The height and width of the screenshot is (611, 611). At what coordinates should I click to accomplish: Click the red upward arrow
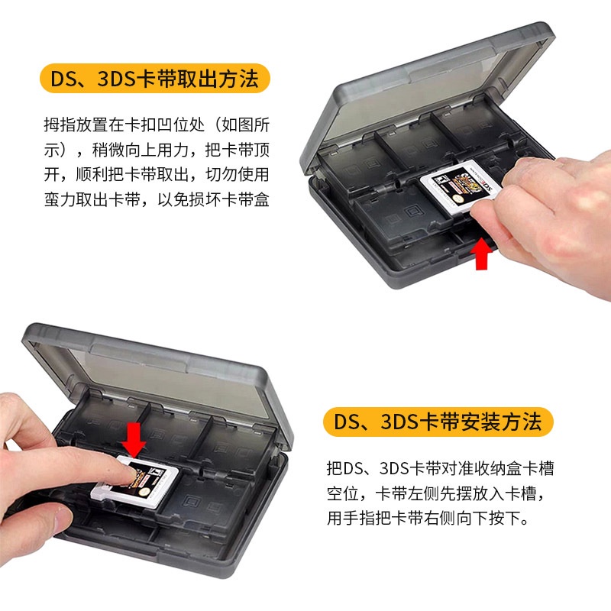[482, 254]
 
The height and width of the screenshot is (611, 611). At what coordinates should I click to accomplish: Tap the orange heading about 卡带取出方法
[155, 79]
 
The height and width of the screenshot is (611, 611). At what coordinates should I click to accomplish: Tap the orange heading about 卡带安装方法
[438, 422]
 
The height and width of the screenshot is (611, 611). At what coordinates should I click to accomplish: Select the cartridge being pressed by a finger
[135, 482]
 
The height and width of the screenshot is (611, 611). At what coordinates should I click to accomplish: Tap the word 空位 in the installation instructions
[342, 493]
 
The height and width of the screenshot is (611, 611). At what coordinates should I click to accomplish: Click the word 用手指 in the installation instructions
[351, 519]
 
